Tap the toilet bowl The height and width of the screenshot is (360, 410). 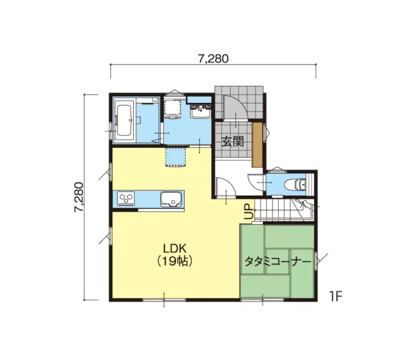coord(295,185)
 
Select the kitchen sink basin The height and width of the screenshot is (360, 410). coord(170,199)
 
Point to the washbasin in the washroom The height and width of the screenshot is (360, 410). coord(201,112)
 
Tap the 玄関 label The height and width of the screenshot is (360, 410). coord(232,141)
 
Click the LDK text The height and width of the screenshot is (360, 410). coord(175,249)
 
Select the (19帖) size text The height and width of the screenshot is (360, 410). coord(175,262)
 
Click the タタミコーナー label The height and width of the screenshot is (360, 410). coord(277,262)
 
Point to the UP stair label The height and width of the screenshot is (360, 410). coord(248,212)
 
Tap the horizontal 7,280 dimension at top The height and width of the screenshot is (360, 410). coord(213,59)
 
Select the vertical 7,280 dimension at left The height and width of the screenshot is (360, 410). coord(79,197)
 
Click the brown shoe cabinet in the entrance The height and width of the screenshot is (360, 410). coord(257,145)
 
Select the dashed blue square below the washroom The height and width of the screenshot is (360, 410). coord(175,157)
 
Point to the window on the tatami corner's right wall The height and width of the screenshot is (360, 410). coord(316,261)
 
